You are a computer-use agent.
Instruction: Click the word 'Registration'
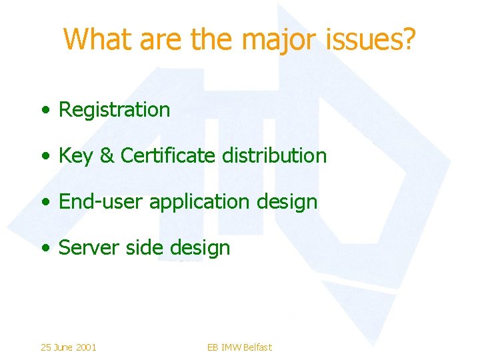[115, 110]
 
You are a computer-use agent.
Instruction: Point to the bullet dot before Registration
[44, 111]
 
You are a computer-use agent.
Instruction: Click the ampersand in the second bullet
[107, 156]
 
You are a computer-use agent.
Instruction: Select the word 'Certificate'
[169, 156]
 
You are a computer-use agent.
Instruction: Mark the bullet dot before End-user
[44, 203]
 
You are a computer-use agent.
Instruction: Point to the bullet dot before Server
[44, 249]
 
